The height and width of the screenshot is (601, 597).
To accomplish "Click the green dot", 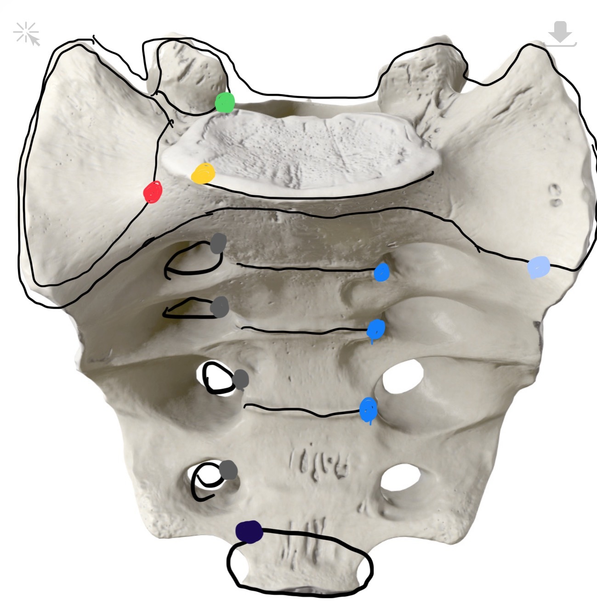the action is click(225, 102).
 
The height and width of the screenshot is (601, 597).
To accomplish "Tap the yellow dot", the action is click(203, 174).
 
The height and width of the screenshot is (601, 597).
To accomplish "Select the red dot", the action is click(153, 191).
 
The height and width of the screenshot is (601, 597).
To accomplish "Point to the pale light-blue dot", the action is click(539, 267).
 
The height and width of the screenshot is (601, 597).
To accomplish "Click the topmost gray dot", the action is click(218, 243).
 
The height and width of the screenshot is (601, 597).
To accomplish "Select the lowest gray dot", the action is click(228, 470).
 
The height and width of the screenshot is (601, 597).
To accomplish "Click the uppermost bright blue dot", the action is click(381, 272).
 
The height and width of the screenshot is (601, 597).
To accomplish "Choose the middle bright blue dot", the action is click(375, 329).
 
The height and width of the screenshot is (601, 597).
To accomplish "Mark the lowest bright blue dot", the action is click(368, 408).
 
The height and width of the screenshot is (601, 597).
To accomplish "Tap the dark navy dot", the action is click(249, 532).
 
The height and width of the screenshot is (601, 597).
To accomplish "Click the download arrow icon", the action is click(561, 34).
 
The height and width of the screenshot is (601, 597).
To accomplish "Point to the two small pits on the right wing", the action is click(556, 195).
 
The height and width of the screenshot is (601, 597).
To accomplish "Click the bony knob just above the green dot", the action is click(193, 73).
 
